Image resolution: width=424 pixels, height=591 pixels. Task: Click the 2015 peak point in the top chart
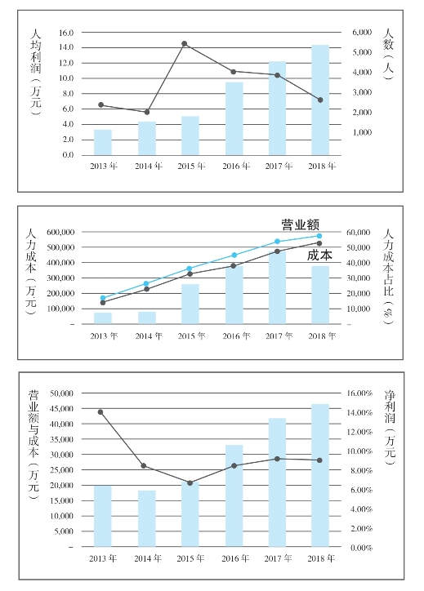click(x=185, y=44)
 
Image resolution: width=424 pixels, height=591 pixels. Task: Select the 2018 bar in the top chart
click(x=320, y=100)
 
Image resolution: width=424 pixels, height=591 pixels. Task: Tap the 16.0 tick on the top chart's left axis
click(x=66, y=33)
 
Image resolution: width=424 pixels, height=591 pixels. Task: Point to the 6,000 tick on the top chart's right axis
click(x=362, y=33)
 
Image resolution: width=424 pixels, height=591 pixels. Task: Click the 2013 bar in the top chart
click(x=103, y=142)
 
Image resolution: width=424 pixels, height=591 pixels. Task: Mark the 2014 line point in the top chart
click(x=147, y=112)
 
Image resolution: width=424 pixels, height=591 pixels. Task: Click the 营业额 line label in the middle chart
click(x=301, y=224)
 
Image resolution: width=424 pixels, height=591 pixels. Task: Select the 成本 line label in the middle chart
click(x=319, y=256)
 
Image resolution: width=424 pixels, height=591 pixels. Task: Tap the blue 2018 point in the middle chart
click(x=319, y=236)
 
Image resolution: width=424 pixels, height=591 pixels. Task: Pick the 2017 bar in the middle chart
click(x=277, y=287)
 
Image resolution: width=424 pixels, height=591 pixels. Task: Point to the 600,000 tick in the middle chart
click(x=60, y=232)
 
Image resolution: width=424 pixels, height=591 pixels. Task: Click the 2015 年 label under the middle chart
click(x=192, y=335)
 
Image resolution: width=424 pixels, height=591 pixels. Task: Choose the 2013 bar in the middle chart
click(x=103, y=318)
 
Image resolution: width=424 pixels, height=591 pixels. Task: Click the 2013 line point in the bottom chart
click(x=100, y=412)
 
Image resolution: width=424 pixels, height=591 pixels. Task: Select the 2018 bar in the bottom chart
click(x=320, y=475)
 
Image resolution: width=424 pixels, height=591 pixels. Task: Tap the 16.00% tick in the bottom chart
click(x=359, y=393)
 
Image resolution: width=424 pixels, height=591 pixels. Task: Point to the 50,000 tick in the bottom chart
click(x=62, y=393)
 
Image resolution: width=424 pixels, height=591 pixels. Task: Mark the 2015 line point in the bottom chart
click(x=190, y=482)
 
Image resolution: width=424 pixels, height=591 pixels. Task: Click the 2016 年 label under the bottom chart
click(x=235, y=558)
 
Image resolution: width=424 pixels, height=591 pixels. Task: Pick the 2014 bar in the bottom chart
click(x=147, y=518)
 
